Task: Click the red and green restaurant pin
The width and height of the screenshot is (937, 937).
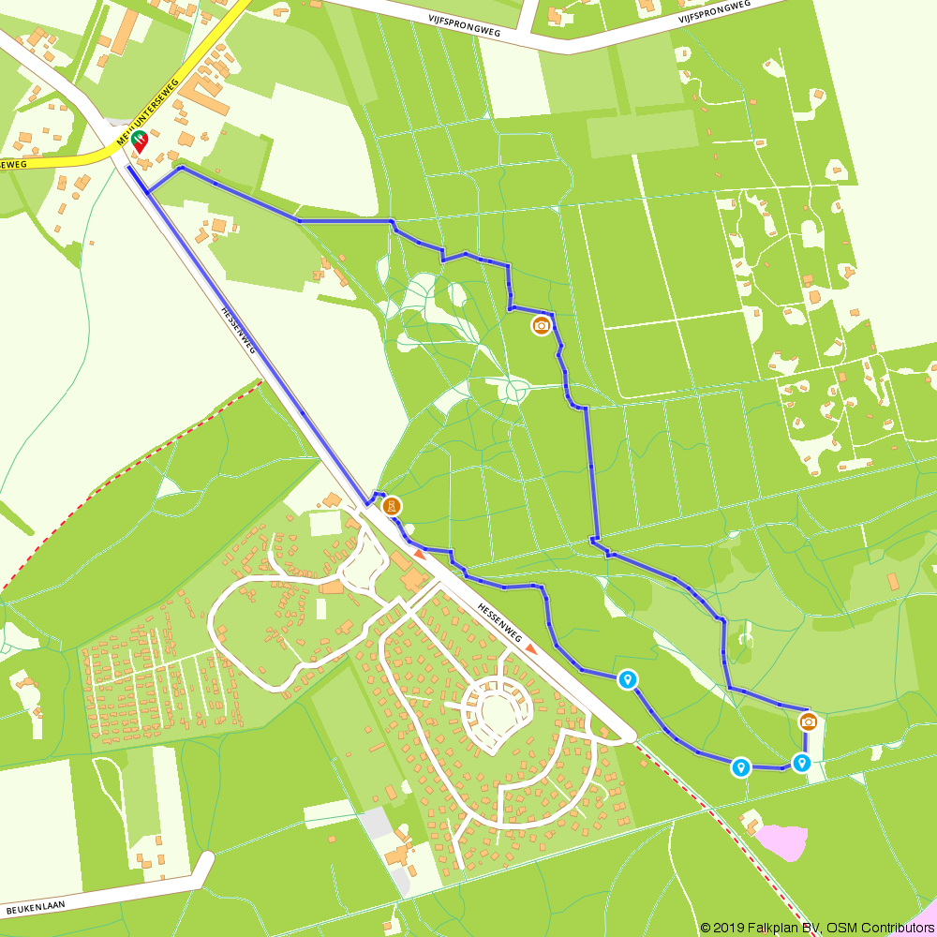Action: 140,141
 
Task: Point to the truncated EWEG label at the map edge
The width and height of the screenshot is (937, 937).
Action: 11,164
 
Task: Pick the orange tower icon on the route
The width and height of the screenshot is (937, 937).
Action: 393,507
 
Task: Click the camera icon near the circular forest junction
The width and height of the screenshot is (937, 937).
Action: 541,326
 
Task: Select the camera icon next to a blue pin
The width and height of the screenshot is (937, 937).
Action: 808,721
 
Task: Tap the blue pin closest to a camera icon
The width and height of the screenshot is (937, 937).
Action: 801,762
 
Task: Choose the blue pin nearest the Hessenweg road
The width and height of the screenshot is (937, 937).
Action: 628,678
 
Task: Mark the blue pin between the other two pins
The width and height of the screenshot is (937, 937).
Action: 741,767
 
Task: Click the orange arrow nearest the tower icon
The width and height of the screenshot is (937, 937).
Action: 420,556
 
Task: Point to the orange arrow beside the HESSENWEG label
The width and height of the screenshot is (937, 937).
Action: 531,648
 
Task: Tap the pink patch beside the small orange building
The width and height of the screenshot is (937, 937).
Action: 783,840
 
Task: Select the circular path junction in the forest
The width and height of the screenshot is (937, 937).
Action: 513,390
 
